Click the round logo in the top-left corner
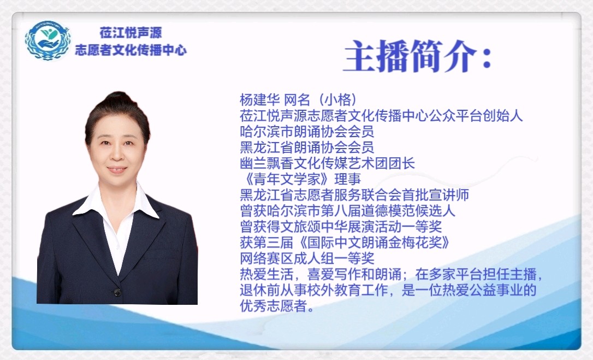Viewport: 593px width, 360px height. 48,40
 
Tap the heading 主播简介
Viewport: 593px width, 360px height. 410,57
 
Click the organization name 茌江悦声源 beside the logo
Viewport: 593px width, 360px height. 131,33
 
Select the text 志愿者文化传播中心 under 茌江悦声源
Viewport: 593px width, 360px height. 131,50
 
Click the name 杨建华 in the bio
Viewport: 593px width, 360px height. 259,100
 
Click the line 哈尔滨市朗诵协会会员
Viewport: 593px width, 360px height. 307,131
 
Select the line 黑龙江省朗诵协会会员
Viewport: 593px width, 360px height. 307,147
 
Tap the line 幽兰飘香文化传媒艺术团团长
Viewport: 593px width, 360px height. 327,163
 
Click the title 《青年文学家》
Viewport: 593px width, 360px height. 287,179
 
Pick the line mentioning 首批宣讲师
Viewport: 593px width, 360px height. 354,195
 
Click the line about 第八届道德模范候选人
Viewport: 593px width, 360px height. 348,211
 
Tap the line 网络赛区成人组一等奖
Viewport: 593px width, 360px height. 307,258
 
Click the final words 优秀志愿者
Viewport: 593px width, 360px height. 273,306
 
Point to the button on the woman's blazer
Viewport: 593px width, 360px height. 117,292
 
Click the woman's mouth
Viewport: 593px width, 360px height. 117,169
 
